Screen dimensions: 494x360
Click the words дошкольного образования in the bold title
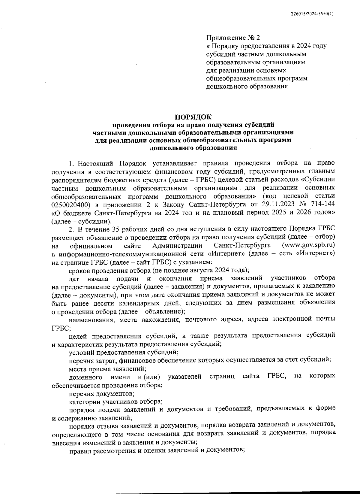click(x=193, y=148)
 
